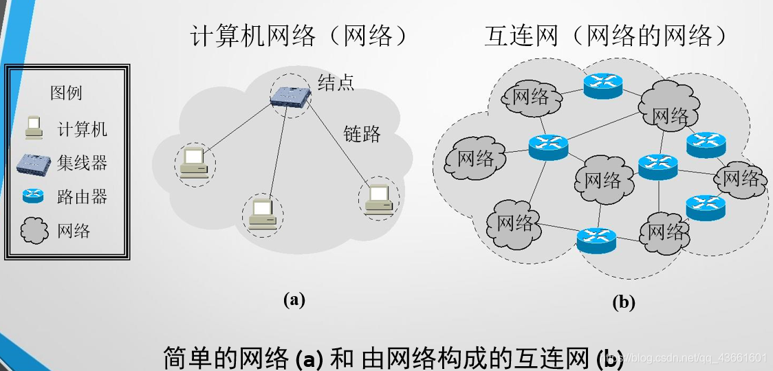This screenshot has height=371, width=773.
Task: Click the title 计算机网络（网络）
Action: coord(300,36)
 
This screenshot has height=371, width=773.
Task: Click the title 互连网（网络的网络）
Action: coord(606,36)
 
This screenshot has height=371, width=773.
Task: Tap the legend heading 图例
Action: coord(66,93)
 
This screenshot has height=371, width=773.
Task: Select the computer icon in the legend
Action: coord(34,128)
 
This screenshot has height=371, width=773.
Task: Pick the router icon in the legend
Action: coord(33,196)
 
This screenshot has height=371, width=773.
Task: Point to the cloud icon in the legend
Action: coord(34,231)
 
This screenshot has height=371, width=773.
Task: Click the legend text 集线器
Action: coord(82,163)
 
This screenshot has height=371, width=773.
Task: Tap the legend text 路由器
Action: coord(82,196)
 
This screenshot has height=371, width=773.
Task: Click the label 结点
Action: coord(336,82)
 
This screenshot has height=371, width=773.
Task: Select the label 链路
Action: coord(362,133)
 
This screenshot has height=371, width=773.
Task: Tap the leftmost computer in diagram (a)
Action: coord(194,163)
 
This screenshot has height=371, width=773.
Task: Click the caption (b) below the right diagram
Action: coord(624,302)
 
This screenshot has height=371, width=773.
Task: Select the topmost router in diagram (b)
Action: coord(603,86)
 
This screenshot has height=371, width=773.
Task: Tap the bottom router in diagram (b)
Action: coord(596,240)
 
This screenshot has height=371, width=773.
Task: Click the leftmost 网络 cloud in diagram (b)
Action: coord(475,158)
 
